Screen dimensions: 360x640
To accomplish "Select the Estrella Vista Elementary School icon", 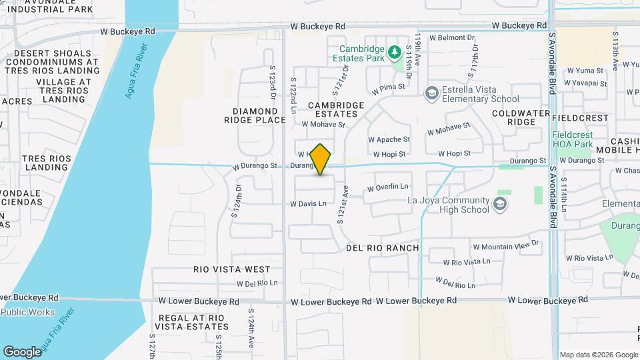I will (x=432, y=93).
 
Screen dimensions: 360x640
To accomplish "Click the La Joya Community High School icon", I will (x=499, y=203).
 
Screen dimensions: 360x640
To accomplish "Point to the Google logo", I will (x=22, y=351).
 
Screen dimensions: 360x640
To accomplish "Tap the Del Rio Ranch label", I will (x=383, y=248).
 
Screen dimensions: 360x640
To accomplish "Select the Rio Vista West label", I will (x=232, y=269).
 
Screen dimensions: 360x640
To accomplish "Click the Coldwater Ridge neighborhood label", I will (x=523, y=117).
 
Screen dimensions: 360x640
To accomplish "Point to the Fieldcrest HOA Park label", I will (x=572, y=139).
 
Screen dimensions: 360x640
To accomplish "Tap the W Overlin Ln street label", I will (x=387, y=189).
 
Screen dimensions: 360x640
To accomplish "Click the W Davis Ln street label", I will (x=308, y=203).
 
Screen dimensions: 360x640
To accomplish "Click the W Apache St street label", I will (x=389, y=140).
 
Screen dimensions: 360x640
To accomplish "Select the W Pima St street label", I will (x=389, y=88).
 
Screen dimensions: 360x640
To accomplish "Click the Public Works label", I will (x=32, y=312).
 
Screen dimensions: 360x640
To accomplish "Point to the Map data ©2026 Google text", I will (x=598, y=355).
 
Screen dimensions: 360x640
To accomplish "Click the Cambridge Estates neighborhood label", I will (x=336, y=109).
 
